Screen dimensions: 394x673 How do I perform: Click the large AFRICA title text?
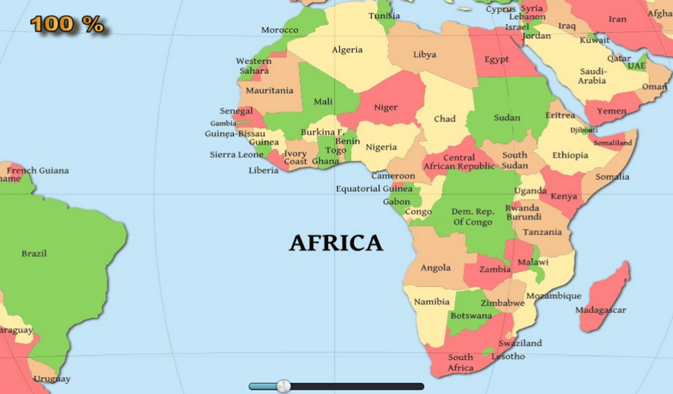click(x=336, y=243)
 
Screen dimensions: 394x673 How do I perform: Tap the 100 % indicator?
click(x=67, y=24)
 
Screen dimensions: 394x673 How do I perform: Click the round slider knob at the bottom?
click(x=283, y=386)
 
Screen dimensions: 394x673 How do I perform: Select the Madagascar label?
click(x=601, y=310)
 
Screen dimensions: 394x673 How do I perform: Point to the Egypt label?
click(x=496, y=59)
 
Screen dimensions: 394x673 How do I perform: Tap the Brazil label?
click(x=34, y=253)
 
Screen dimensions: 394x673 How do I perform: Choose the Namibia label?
click(x=431, y=302)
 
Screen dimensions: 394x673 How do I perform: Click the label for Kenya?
click(x=564, y=196)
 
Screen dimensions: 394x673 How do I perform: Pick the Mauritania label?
click(x=269, y=90)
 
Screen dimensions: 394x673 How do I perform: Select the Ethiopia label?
click(x=570, y=156)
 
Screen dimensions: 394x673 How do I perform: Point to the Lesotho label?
click(x=509, y=357)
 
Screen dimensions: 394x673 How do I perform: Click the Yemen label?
click(x=611, y=111)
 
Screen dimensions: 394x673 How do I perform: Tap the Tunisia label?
click(x=384, y=16)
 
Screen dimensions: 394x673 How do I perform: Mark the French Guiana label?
click(x=37, y=171)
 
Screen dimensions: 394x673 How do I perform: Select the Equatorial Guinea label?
click(x=375, y=188)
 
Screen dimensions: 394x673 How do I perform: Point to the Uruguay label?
click(x=52, y=379)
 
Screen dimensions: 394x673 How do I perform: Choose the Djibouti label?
click(x=584, y=130)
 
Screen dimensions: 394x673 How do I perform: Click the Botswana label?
click(x=471, y=316)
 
